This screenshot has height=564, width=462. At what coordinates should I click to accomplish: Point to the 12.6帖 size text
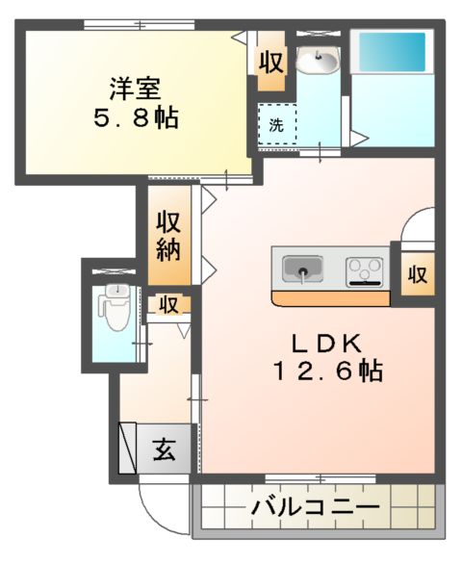click(x=327, y=371)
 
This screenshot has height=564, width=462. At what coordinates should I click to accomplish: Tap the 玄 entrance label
click(x=165, y=449)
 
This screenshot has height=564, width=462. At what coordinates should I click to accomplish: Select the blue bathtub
click(x=391, y=52)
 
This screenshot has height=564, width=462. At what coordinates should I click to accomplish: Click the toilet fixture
click(x=115, y=307)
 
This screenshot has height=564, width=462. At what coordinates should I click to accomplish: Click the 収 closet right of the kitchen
click(x=416, y=273)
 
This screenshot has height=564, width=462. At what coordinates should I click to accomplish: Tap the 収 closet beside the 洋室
click(x=270, y=64)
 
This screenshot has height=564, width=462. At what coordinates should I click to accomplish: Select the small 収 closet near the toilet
click(x=168, y=305)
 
